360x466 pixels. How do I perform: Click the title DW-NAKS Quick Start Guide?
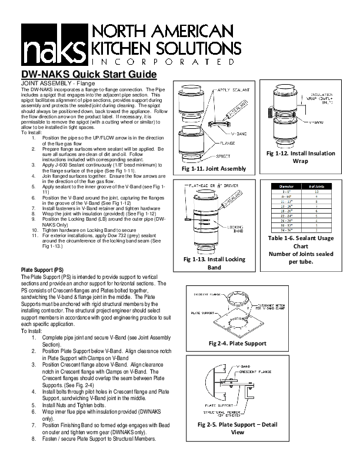point(88,75)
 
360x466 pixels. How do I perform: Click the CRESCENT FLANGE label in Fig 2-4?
point(206,292)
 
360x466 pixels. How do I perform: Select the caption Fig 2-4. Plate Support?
point(237,344)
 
